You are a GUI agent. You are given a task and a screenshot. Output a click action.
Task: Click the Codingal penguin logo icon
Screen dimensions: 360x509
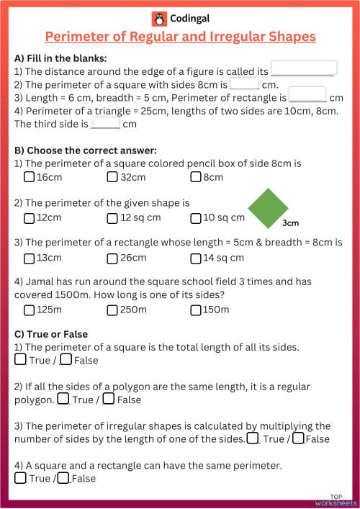pos(158,19)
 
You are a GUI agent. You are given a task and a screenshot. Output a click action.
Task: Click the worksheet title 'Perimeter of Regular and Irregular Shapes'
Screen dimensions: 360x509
pos(180,36)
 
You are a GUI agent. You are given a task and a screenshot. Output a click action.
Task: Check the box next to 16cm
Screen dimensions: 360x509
pos(29,177)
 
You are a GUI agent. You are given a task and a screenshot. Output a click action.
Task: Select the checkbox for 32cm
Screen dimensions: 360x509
pos(112,177)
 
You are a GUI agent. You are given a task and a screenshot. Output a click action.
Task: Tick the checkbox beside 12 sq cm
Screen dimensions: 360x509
pos(112,217)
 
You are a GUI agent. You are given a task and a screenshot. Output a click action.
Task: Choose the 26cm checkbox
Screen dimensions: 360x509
pos(112,258)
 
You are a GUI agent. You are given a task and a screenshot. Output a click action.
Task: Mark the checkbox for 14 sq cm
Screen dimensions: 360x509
pos(195,258)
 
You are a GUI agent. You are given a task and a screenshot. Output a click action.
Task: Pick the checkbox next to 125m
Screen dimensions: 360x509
pos(29,310)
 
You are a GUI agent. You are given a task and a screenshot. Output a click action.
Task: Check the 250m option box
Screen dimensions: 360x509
pos(112,310)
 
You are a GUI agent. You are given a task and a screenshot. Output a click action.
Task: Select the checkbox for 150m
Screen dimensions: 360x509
pos(195,310)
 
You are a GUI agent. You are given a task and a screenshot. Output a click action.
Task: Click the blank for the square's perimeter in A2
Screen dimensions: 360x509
pos(244,83)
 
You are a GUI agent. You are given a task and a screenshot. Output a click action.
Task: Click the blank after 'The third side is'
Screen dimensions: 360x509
pos(106,122)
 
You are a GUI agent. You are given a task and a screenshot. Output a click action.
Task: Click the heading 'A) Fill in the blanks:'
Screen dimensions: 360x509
pos(60,58)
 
